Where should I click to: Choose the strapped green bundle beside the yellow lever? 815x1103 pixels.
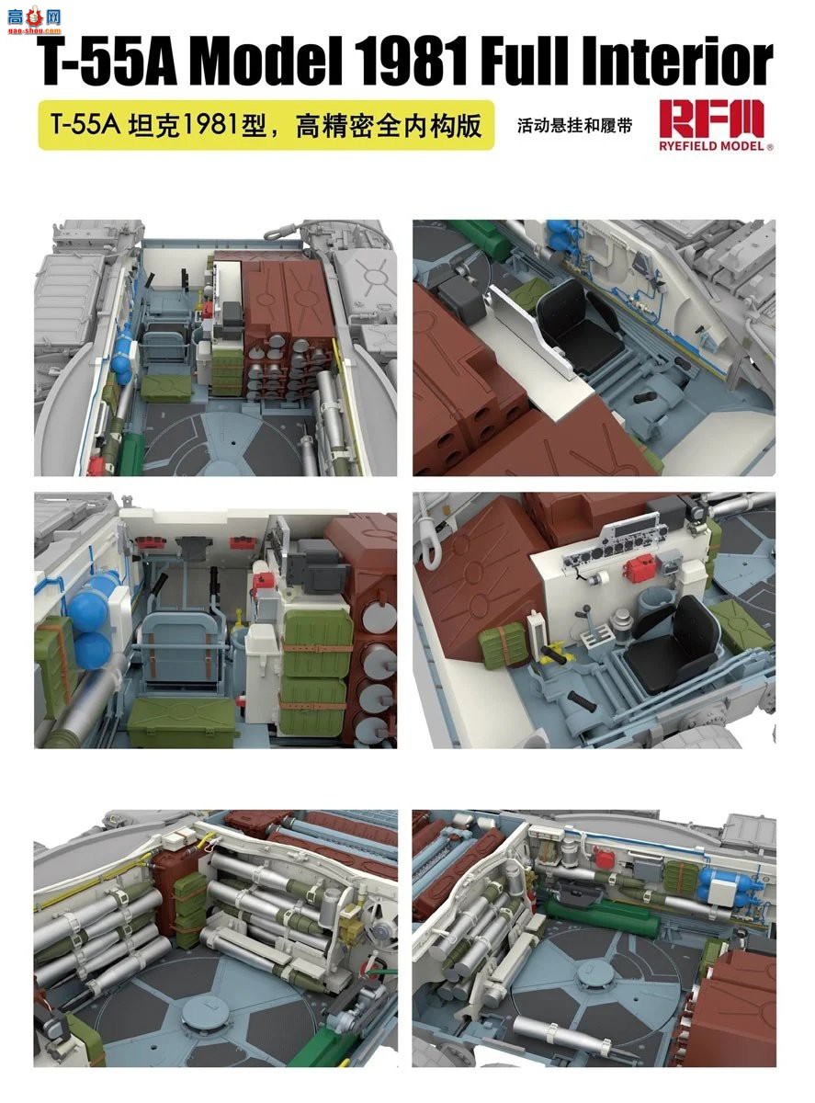coord(502,638)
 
